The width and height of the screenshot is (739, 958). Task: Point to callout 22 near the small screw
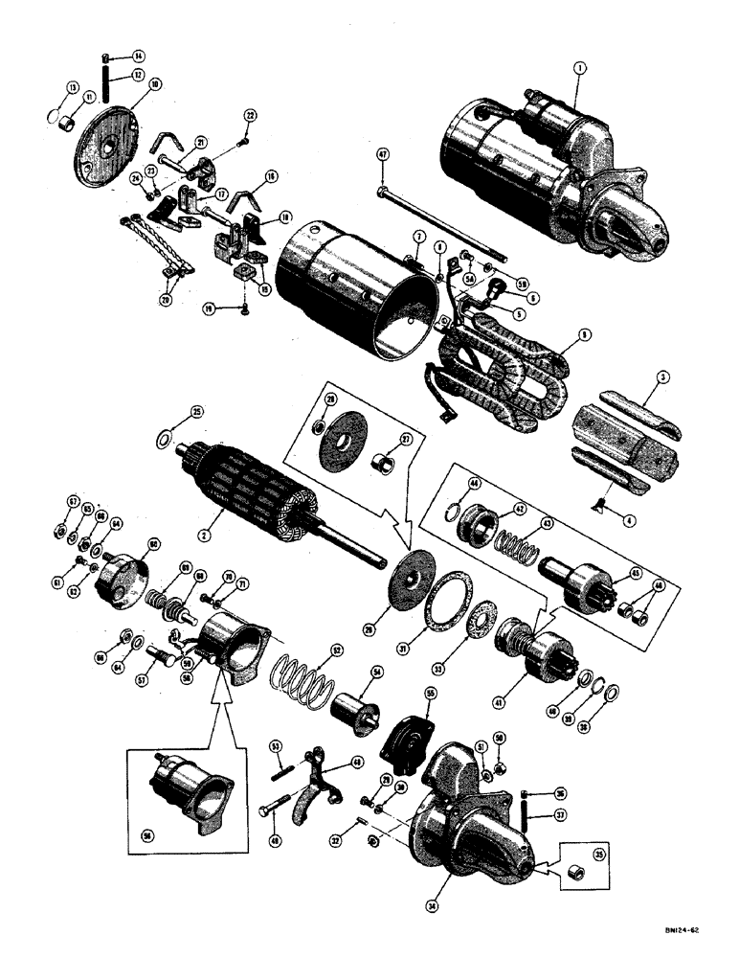250,115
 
